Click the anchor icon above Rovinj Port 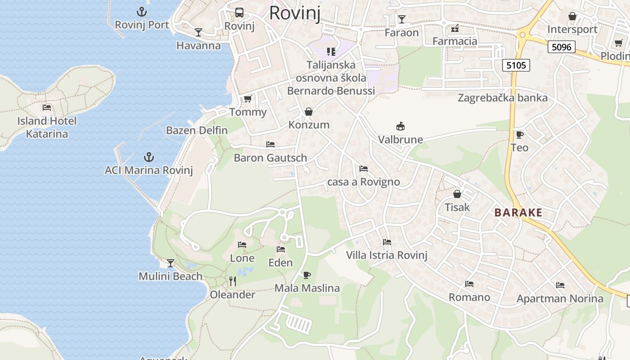point(142,12)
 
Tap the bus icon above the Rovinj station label point(239,13)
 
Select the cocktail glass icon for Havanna point(198,32)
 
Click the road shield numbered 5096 point(562,47)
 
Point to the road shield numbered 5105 point(516,65)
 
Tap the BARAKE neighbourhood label point(518,213)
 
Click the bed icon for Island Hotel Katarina point(47,108)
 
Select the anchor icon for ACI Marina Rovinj point(148,157)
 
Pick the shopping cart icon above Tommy point(247,99)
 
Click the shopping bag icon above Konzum point(309,112)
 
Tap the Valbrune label point(400,139)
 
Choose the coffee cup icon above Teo point(519,135)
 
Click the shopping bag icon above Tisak point(457,194)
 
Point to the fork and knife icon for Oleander point(233,281)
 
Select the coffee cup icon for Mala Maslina point(307,275)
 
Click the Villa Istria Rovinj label point(387,256)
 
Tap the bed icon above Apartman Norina point(560,285)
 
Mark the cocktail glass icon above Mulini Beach point(171,263)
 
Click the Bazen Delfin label point(197,130)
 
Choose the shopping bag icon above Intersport point(572,16)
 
